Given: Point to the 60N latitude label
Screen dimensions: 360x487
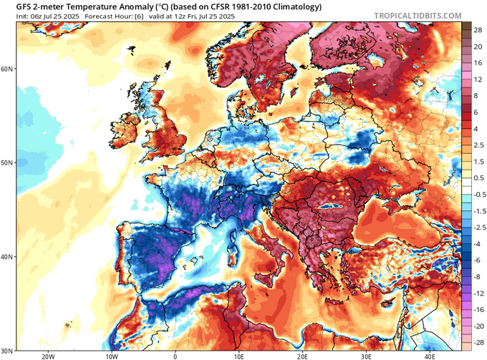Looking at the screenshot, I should pos(7,69).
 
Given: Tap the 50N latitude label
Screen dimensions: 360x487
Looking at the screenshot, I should pos(7,162).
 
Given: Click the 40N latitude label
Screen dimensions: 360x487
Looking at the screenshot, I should pos(7,257).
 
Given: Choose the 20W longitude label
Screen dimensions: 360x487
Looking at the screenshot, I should pos(48,354).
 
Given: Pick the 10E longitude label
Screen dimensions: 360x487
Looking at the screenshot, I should pos(238,354).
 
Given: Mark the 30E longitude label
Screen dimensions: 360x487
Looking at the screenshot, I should pos(366,354).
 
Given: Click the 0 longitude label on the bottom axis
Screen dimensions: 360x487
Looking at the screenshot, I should pos(175,354).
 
